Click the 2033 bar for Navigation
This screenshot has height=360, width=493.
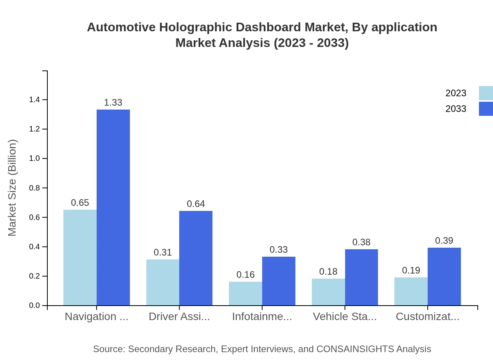coord(113,207)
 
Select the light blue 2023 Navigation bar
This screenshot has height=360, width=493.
coord(80,257)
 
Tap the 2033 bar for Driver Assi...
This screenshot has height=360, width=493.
coord(196,258)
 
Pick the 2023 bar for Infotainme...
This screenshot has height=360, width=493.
coord(245,293)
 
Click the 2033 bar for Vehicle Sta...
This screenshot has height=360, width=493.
coord(362,277)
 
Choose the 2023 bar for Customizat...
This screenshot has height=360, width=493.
coord(411,292)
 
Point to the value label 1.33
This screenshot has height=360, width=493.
coord(113,103)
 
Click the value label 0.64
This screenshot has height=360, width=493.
coord(196,204)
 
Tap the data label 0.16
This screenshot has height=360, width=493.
coord(245,275)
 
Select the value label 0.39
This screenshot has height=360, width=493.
coord(444,241)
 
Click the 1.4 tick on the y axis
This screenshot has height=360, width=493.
coord(34,100)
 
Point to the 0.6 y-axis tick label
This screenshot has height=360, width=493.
coord(34,218)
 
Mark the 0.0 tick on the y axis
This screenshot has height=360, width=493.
coord(34,306)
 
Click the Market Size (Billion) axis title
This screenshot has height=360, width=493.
coord(13,188)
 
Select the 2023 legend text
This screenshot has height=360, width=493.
coord(456,93)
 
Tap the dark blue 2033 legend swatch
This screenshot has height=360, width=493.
coord(486,109)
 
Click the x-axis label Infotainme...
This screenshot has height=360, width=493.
coord(262,317)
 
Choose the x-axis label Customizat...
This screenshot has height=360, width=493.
coord(427,317)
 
